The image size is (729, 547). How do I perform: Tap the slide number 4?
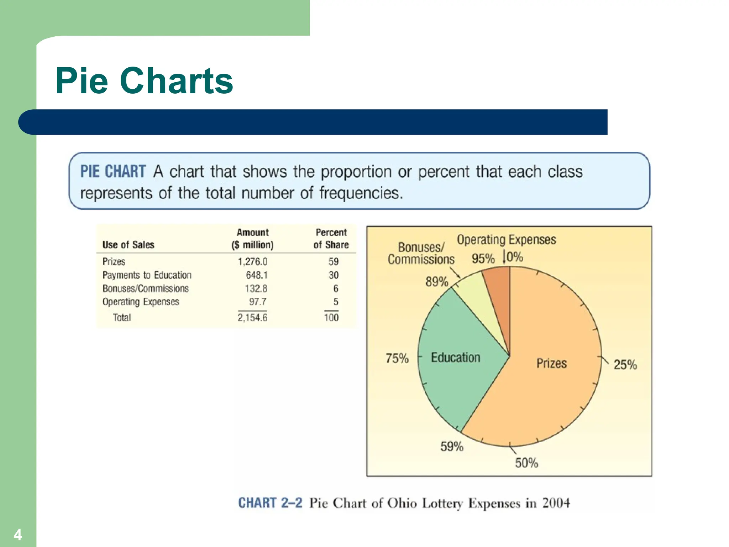point(17,535)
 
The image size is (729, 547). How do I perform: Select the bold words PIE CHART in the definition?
point(113,171)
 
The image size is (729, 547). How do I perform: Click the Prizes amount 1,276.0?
point(252,262)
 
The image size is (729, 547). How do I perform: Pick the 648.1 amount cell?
point(256,275)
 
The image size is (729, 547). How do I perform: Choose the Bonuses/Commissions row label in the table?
point(146,288)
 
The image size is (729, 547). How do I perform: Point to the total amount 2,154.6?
point(252,317)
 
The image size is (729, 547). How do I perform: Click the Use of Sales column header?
point(129,245)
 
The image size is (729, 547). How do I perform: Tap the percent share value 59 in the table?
point(333,262)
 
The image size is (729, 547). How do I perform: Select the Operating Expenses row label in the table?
point(141,302)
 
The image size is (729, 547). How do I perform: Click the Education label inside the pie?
point(456,357)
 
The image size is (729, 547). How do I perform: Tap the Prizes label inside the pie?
point(551,363)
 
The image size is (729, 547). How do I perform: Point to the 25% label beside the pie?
point(625,365)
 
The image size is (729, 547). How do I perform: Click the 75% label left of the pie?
point(397,358)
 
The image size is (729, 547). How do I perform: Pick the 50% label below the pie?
point(526,463)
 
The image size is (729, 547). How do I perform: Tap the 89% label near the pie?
point(437,282)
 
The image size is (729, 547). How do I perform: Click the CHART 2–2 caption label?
point(270,503)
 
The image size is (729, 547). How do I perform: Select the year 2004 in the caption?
point(556,503)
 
